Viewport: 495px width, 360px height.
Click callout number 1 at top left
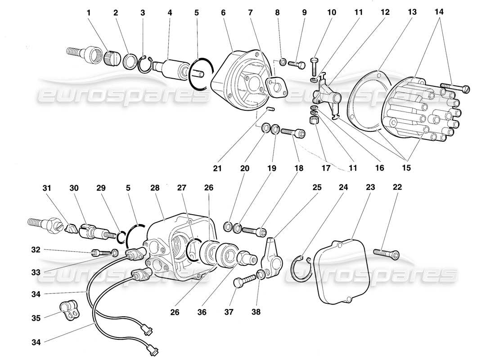tap(89, 13)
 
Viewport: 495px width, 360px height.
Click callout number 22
tap(397, 187)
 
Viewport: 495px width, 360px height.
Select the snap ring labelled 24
tap(301, 269)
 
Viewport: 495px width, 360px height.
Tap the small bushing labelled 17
tap(314, 121)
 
